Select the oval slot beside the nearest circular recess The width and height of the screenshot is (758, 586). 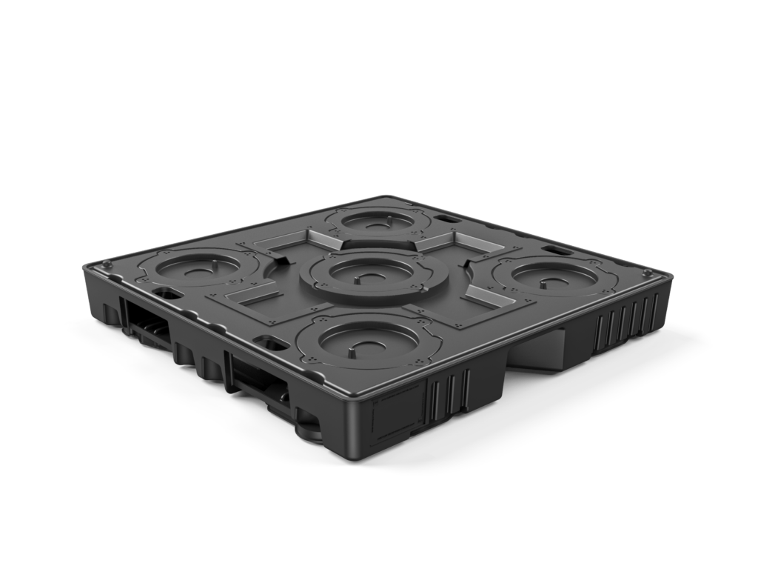[270, 343]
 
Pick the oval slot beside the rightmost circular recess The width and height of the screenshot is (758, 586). [560, 251]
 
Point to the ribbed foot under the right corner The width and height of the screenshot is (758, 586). [625, 322]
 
